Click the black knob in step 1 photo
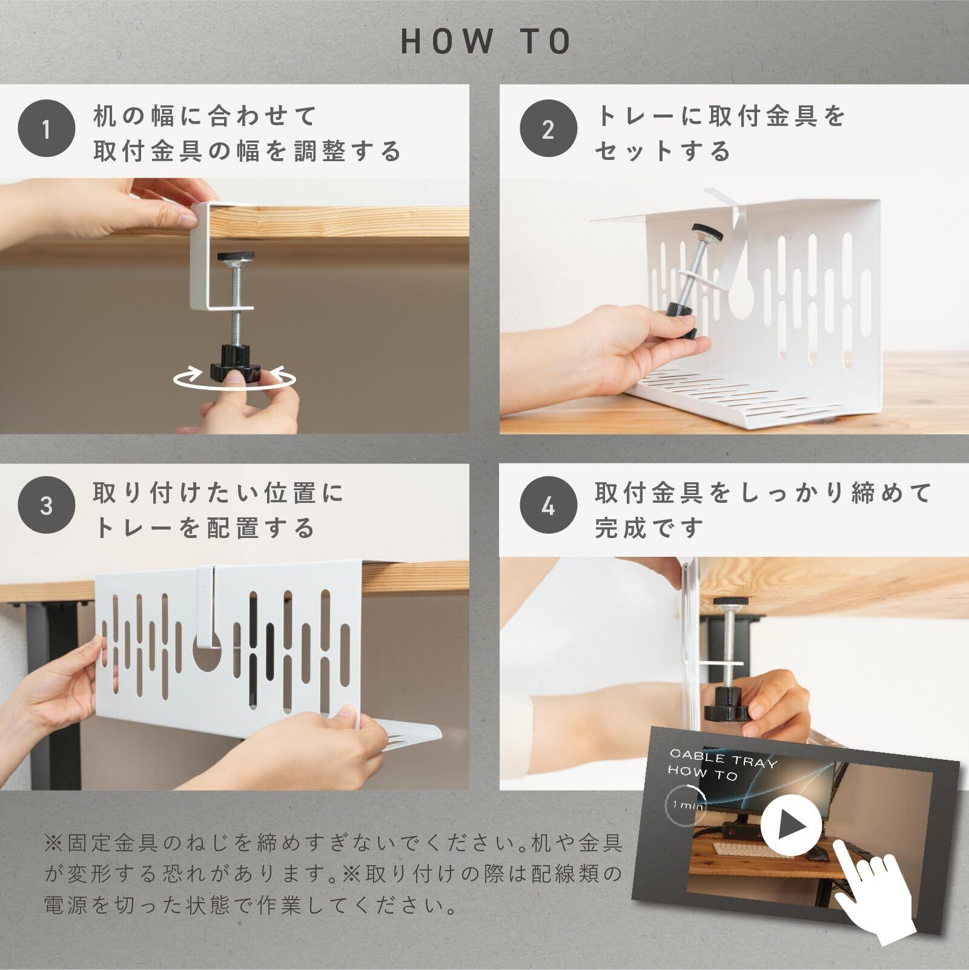(233, 364)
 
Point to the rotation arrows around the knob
(235, 379)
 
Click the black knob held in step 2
(681, 319)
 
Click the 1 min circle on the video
(685, 806)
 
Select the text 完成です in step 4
(649, 528)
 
